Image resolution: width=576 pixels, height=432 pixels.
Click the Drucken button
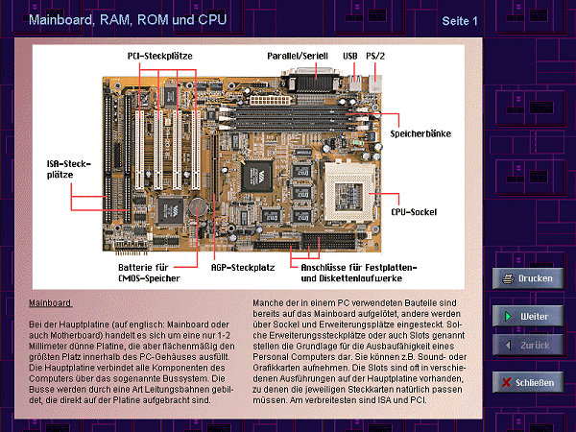[525, 279]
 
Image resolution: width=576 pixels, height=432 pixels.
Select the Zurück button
[525, 344]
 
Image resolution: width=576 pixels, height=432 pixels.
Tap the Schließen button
[525, 382]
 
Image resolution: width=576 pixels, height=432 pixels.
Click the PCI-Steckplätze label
[160, 57]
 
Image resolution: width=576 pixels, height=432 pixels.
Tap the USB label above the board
[349, 57]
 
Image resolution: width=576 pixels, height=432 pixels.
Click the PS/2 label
[376, 57]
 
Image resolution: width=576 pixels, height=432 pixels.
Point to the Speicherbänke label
[420, 134]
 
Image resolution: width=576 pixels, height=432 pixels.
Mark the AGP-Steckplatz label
[244, 268]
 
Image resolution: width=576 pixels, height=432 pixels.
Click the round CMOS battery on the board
[196, 204]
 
